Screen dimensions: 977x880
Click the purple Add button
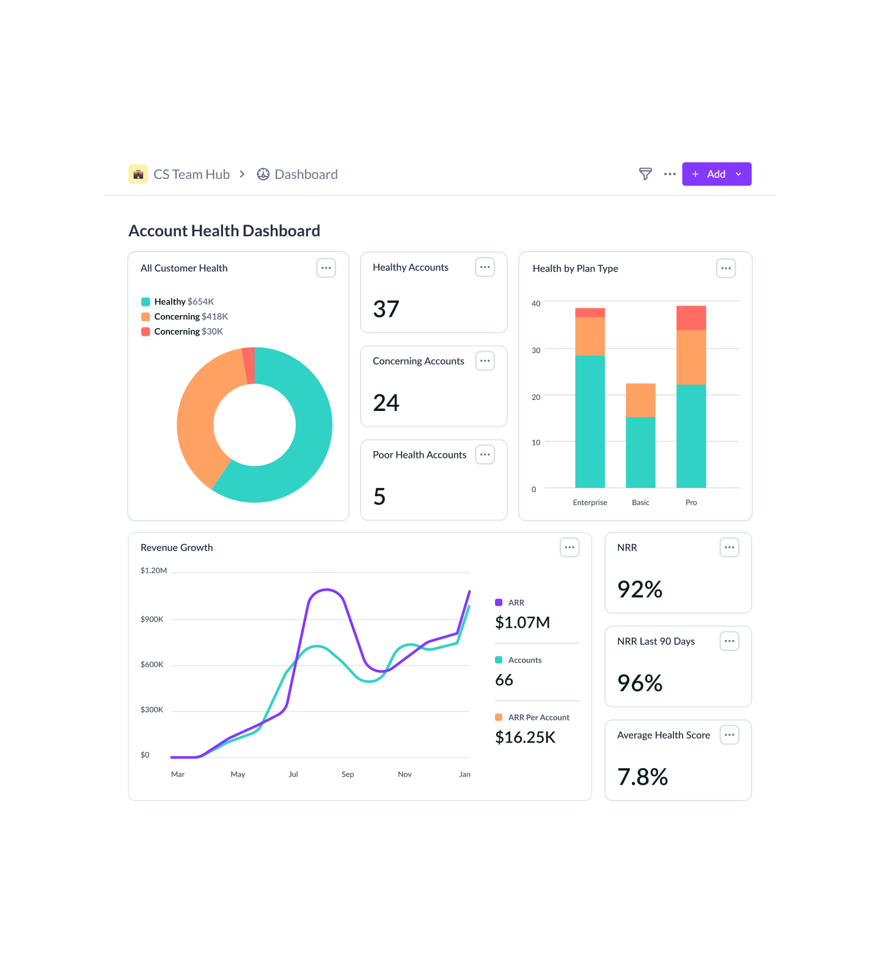716,174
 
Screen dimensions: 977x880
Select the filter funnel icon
645,174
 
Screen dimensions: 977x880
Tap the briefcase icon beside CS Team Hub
138,174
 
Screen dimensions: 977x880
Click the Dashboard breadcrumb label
306,175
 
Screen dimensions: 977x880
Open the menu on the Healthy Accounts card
485,267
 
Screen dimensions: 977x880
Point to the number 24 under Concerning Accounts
386,403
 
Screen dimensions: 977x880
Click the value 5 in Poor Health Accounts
380,496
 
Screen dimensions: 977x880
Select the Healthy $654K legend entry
183,302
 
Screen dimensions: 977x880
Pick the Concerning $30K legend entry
188,332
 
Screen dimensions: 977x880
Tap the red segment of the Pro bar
691,318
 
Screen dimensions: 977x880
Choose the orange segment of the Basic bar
640,400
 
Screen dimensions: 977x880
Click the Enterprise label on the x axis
590,503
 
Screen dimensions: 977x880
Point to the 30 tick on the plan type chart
536,350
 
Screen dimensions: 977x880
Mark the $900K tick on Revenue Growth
152,619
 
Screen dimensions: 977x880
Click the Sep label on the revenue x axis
348,774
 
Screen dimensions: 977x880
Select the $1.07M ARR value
522,622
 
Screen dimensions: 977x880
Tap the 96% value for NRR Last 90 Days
640,683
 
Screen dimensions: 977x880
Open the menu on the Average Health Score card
730,735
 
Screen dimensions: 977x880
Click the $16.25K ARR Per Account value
525,738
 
